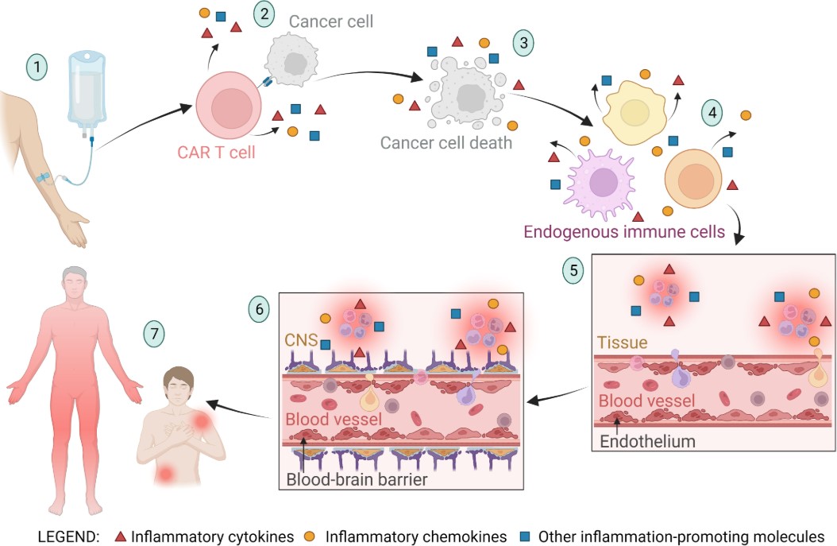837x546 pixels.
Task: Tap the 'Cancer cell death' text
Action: coord(445,143)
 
